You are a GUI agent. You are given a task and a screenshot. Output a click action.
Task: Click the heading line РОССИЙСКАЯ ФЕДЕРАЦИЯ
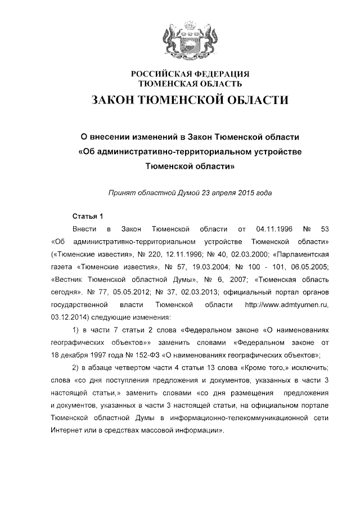(x=190, y=74)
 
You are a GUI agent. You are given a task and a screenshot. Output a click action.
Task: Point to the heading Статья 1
(x=89, y=217)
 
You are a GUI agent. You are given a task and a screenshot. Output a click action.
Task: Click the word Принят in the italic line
(x=121, y=193)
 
